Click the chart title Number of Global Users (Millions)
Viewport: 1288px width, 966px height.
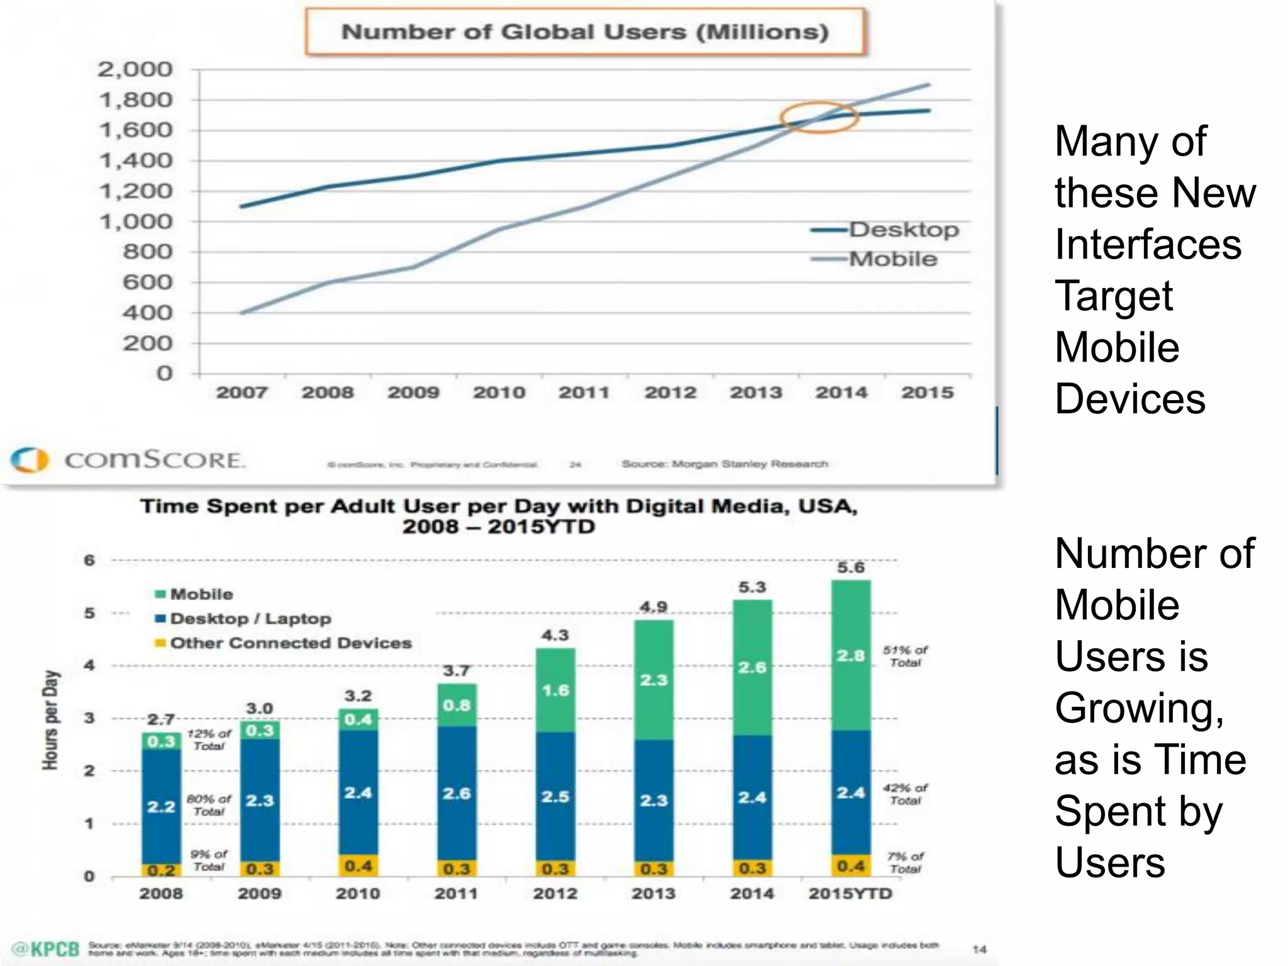point(585,31)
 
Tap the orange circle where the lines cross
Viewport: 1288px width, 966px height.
point(819,117)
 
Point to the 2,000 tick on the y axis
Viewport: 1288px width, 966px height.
point(135,69)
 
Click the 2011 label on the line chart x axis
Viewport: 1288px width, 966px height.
point(584,392)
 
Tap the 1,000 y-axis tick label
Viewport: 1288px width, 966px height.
point(135,221)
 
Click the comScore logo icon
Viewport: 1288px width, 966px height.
point(29,460)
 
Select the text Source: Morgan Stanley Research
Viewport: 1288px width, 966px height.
point(724,464)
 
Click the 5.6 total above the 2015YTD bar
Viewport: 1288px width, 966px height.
point(850,567)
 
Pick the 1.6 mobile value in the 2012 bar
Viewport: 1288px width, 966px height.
point(555,691)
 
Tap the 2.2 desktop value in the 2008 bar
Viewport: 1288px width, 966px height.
point(161,806)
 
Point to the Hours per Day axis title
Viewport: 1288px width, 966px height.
point(50,719)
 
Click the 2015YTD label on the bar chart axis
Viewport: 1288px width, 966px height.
point(850,894)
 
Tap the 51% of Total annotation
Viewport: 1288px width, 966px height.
point(905,656)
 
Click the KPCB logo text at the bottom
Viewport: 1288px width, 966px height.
point(48,949)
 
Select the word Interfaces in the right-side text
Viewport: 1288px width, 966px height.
point(1148,244)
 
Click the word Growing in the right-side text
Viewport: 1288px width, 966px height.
point(1139,708)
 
